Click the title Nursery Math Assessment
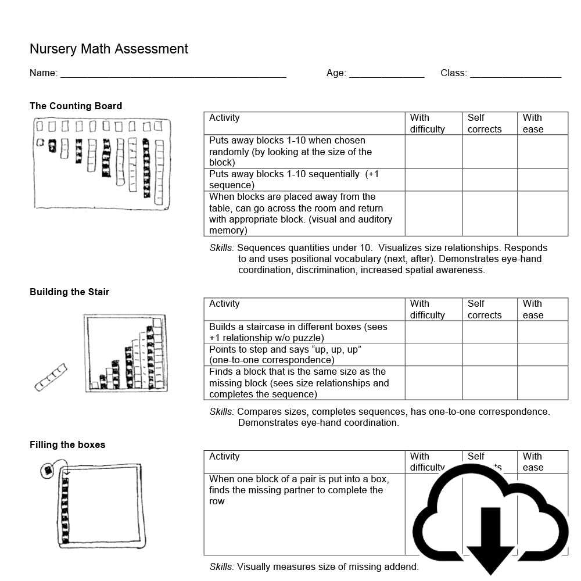point(109,49)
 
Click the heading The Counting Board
point(76,106)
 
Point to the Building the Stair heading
point(69,292)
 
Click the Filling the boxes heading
point(67,444)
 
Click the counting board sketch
point(102,164)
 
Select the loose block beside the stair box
point(51,377)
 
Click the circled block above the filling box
point(48,470)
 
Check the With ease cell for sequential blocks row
point(542,180)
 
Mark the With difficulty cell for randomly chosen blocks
point(433,152)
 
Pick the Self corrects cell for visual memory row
point(489,213)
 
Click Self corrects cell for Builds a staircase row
point(489,332)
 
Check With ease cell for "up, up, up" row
point(542,354)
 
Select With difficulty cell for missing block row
point(433,383)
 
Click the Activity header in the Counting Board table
point(224,118)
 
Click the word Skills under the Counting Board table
point(221,248)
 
